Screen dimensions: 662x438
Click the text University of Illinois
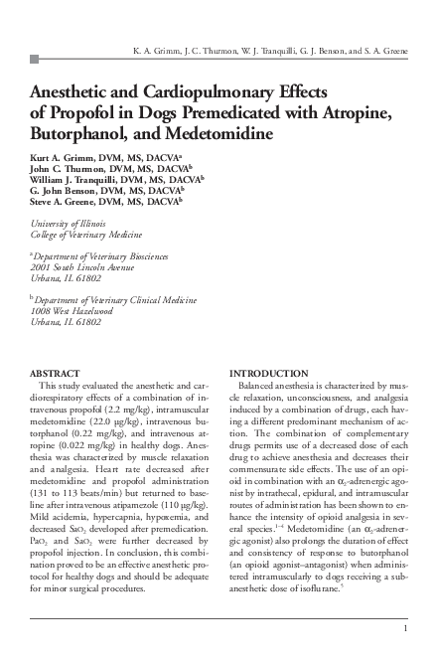[x=70, y=224]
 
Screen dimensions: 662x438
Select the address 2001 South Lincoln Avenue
[x=81, y=267]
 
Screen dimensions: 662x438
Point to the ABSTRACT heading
[x=62, y=373]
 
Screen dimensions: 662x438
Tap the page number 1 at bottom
[x=406, y=628]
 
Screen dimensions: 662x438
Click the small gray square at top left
[x=36, y=60]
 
